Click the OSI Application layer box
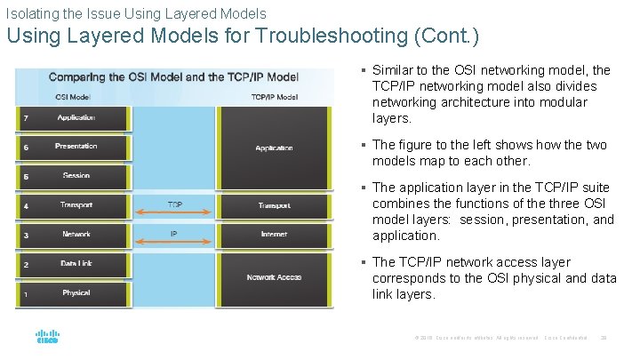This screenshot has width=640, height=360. (76, 118)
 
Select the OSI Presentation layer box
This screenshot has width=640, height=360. (76, 147)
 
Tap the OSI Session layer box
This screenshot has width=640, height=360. (76, 176)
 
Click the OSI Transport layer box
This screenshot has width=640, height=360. (76, 205)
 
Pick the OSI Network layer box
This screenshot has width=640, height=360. (76, 235)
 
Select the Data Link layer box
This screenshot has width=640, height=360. (76, 264)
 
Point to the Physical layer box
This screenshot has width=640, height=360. (76, 292)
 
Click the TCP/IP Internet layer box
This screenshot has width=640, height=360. (274, 235)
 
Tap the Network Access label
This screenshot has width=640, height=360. (274, 277)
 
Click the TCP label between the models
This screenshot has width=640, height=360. (175, 205)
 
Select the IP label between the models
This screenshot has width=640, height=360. (175, 235)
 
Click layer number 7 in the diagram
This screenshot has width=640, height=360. (26, 118)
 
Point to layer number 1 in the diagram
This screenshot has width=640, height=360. (26, 293)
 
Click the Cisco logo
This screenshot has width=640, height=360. (47, 338)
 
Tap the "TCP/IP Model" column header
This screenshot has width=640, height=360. (274, 97)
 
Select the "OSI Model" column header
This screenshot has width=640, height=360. (72, 97)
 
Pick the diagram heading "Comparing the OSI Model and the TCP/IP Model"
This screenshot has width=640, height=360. (173, 77)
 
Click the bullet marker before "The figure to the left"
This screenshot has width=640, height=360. (364, 144)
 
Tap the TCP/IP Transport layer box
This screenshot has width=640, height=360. (274, 205)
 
